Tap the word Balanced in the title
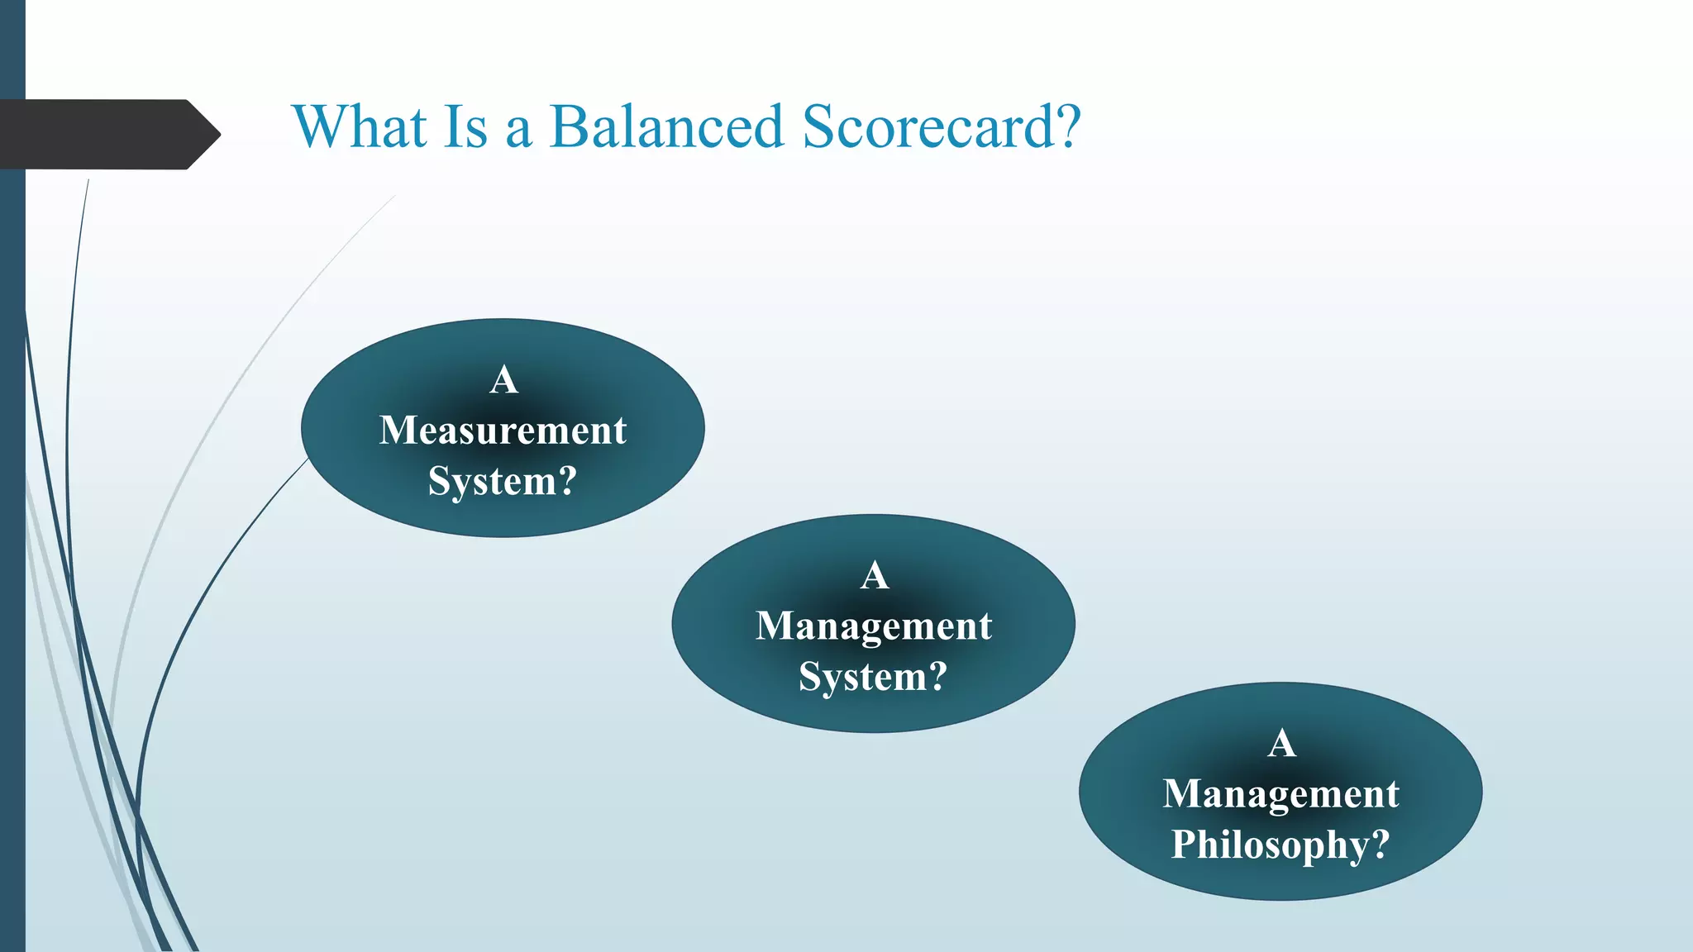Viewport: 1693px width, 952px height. pyautogui.click(x=665, y=127)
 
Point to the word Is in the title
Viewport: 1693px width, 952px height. pyautogui.click(x=465, y=127)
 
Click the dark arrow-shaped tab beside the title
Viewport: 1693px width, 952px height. pyautogui.click(x=99, y=135)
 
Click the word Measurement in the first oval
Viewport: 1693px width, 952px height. pyautogui.click(x=503, y=431)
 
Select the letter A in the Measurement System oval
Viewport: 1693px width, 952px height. pyautogui.click(x=503, y=380)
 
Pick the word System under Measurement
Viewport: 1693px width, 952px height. pyautogui.click(x=491, y=481)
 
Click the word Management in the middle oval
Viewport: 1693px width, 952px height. pyautogui.click(x=873, y=626)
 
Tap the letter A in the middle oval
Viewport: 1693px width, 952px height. pyautogui.click(x=874, y=575)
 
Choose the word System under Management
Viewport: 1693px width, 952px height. pyautogui.click(x=862, y=677)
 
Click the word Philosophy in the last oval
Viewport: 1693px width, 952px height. pyautogui.click(x=1270, y=845)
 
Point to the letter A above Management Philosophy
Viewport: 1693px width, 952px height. pyautogui.click(x=1281, y=744)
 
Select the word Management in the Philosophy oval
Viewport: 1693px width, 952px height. pyautogui.click(x=1280, y=794)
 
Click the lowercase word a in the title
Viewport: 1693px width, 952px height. pyautogui.click(x=518, y=132)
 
